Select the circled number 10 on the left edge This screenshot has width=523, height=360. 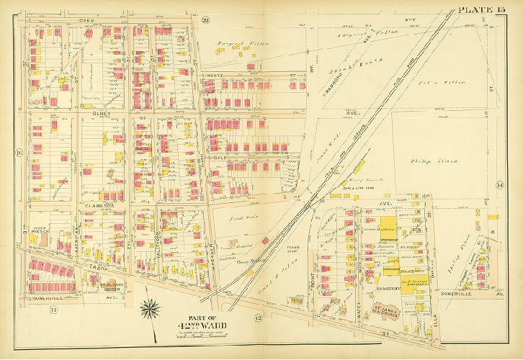click(19, 153)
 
